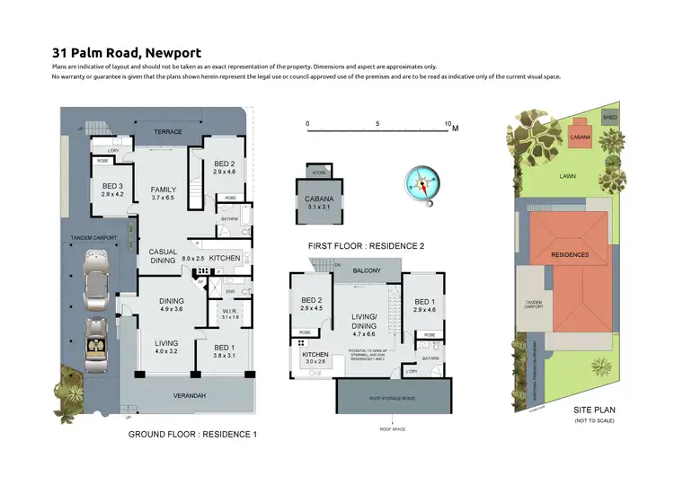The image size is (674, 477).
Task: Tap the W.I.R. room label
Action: coord(228,312)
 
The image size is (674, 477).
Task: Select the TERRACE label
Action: coord(167,132)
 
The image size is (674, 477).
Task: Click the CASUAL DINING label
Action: coord(162,256)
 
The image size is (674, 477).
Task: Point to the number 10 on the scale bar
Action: coord(448,123)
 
